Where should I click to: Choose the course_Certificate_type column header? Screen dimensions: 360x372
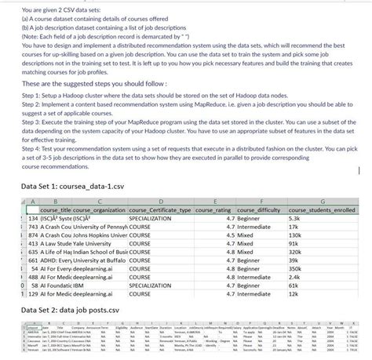click(165, 210)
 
